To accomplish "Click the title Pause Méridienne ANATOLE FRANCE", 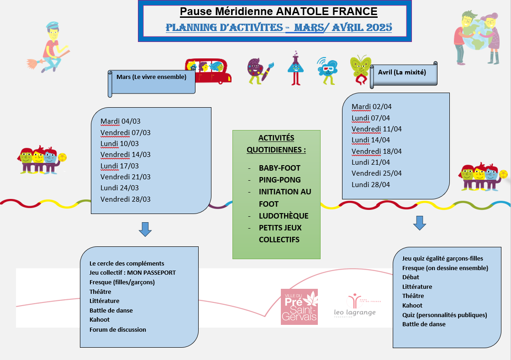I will pyautogui.click(x=279, y=11).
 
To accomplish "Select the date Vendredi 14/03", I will pyautogui.click(x=126, y=155).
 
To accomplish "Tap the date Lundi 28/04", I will pyautogui.click(x=371, y=185).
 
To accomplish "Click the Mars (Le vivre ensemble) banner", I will pyautogui.click(x=151, y=77).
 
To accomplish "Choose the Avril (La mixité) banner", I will pyautogui.click(x=402, y=72).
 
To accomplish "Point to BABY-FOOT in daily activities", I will pyautogui.click(x=279, y=168).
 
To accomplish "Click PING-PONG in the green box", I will pyautogui.click(x=279, y=180).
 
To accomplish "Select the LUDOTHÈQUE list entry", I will pyautogui.click(x=284, y=216).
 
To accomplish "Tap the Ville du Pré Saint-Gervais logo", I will pyautogui.click(x=299, y=307).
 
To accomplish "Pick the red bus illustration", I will pyautogui.click(x=208, y=71).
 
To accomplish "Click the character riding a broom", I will pyautogui.click(x=49, y=47).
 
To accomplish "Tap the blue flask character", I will pyautogui.click(x=295, y=68).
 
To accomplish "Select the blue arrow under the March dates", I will pyautogui.click(x=145, y=229).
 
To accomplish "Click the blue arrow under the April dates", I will pyautogui.click(x=419, y=223).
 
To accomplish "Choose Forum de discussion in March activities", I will pyautogui.click(x=118, y=329).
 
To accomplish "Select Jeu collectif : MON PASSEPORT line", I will pyautogui.click(x=132, y=272).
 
